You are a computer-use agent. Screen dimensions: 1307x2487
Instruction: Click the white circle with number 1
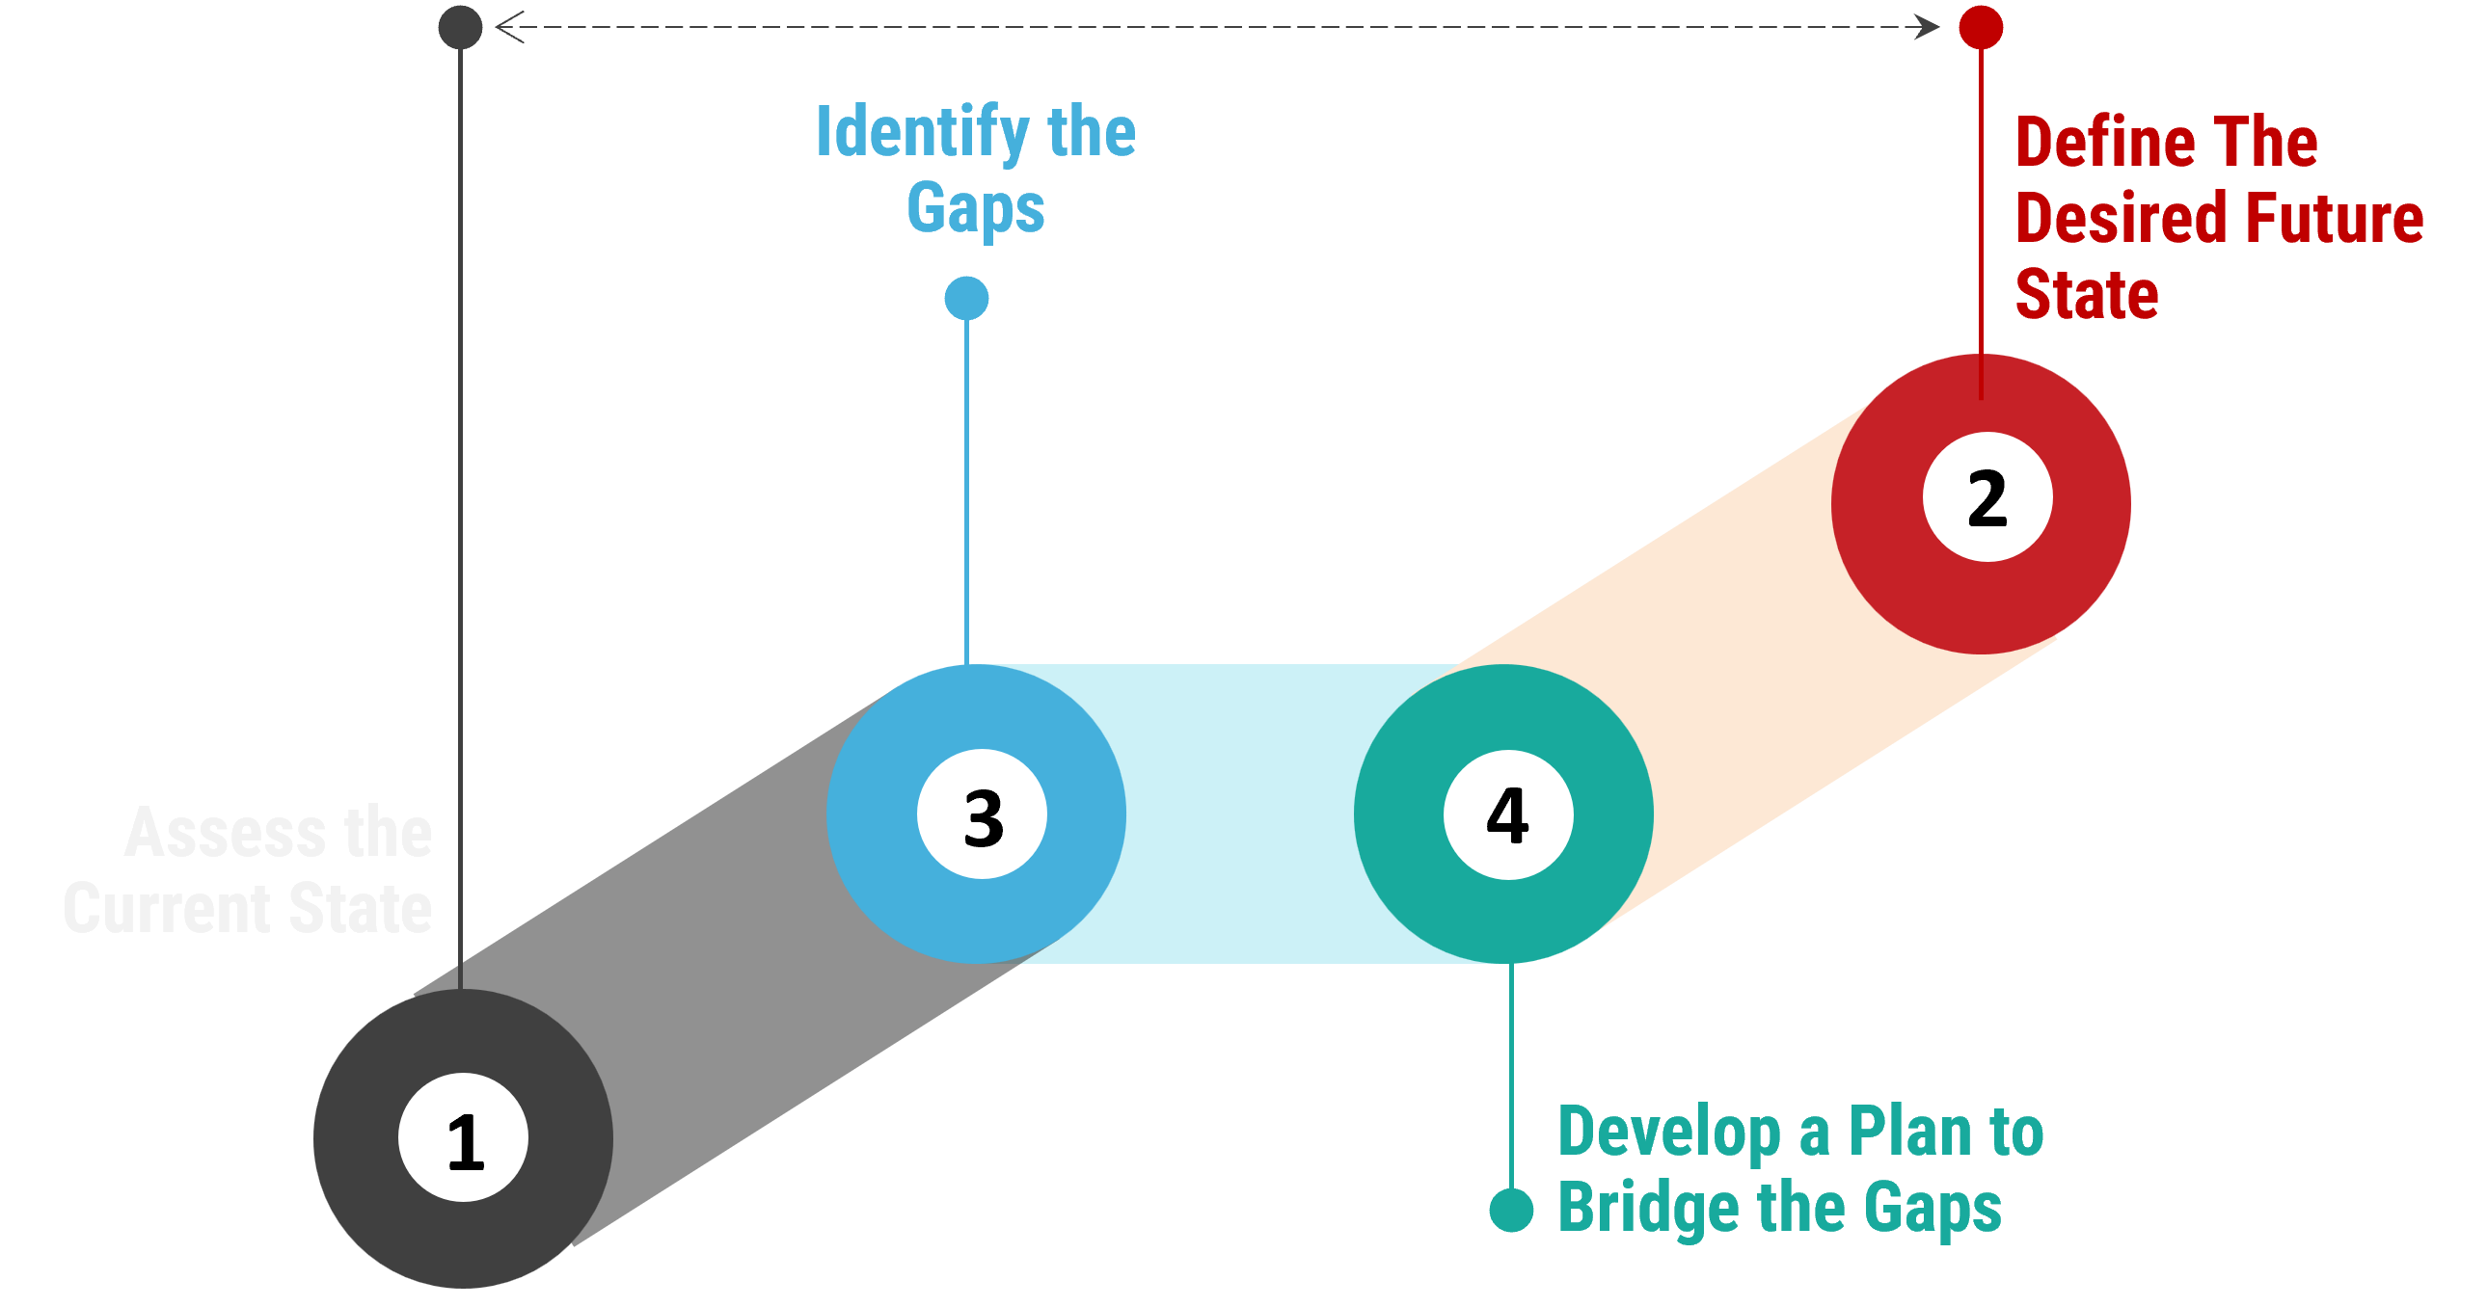[464, 1137]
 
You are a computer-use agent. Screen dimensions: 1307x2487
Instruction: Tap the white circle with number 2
[1987, 497]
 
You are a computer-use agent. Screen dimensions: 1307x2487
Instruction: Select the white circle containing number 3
[982, 814]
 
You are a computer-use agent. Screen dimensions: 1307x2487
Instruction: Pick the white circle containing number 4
[1508, 814]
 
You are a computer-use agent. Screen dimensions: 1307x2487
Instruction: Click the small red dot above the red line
[1981, 27]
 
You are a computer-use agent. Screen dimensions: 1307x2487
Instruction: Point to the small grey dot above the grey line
[461, 27]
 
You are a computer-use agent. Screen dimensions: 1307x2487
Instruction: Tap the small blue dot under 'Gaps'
[966, 297]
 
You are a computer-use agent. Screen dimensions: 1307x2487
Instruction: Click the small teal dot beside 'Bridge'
[1512, 1211]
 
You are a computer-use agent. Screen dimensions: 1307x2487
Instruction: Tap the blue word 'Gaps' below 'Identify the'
[975, 209]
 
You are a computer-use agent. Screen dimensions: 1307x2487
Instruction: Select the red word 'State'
[2087, 294]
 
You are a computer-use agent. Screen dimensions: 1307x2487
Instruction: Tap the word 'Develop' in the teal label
[1669, 1133]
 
